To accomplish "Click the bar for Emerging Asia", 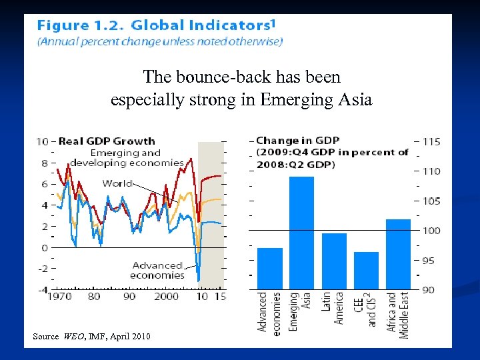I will click(x=301, y=233).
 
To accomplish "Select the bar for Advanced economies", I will click(x=269, y=268).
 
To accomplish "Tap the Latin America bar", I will click(x=334, y=261).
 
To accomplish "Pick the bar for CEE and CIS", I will click(x=366, y=270).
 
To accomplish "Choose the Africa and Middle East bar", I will click(x=398, y=254).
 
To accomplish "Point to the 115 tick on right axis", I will click(x=431, y=141).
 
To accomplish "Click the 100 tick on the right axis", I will click(x=431, y=231).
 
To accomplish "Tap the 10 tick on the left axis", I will click(x=42, y=141).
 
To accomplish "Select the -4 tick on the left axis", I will click(x=42, y=290).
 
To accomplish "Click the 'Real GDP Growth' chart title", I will click(x=107, y=141).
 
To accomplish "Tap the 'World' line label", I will click(x=117, y=183).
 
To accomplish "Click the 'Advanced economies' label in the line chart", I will click(x=157, y=270).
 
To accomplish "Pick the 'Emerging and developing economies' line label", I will click(x=127, y=157).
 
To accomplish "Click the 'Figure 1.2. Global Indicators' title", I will click(x=155, y=26).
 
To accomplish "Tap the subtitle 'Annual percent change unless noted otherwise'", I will click(x=160, y=42).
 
